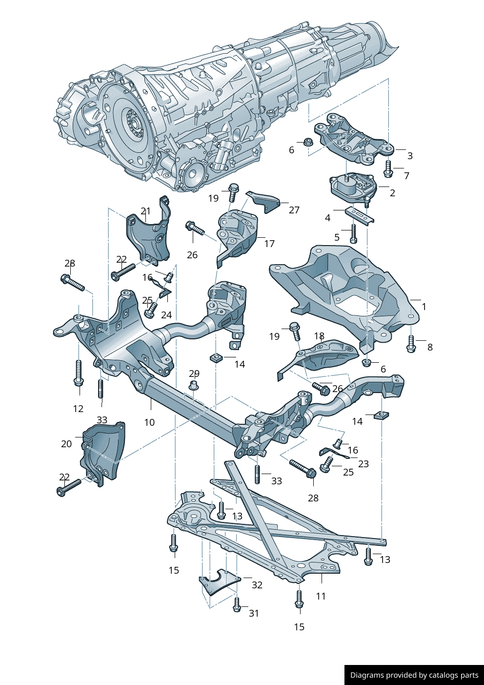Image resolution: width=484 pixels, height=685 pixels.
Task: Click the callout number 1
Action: [424, 307]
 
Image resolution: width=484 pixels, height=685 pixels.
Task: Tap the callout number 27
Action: [294, 210]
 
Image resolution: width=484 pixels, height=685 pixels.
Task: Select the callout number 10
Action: [149, 422]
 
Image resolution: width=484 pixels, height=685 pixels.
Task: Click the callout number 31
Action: [254, 613]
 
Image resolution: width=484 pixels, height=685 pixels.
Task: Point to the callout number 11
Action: [321, 596]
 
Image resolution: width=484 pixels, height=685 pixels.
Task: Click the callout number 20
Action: [66, 444]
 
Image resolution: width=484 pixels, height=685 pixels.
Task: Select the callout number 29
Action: [194, 374]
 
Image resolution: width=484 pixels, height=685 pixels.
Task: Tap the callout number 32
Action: [257, 585]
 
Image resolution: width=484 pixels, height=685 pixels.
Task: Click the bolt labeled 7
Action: [388, 169]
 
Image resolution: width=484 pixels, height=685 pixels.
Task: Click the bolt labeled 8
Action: [411, 344]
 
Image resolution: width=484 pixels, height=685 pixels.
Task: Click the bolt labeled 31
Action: [237, 604]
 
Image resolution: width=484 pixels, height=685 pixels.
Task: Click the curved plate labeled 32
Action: [218, 581]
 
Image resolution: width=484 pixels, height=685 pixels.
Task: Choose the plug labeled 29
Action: [194, 386]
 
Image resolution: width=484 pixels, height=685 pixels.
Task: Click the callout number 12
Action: [78, 409]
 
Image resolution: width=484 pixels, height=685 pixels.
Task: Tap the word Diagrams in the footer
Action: [367, 675]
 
